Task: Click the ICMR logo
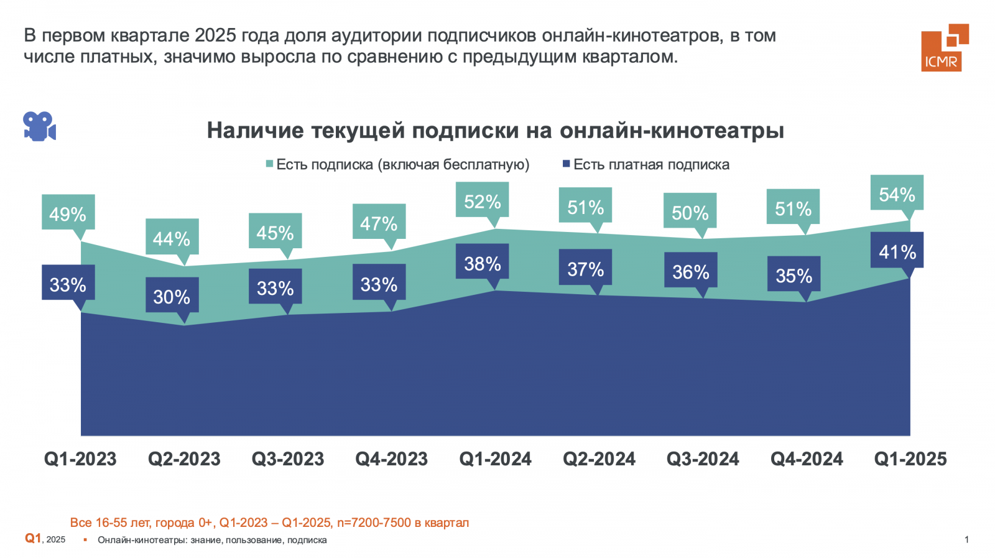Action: (x=945, y=48)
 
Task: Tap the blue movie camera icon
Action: (x=39, y=126)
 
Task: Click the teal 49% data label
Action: (x=68, y=213)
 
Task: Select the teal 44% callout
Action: (x=172, y=238)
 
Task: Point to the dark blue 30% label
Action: (x=172, y=296)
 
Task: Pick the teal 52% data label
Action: (x=482, y=201)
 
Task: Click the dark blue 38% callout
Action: (x=482, y=263)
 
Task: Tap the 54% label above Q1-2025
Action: (x=897, y=194)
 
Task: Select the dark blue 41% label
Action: (x=897, y=251)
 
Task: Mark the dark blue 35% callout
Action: (x=794, y=275)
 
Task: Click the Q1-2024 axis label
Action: (x=495, y=459)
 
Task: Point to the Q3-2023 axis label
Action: (x=288, y=459)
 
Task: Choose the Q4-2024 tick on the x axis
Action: (x=807, y=459)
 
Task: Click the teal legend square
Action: (x=270, y=164)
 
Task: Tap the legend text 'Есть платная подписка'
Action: (x=651, y=165)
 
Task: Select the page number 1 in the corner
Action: (x=966, y=539)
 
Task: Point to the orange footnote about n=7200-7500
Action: (x=269, y=523)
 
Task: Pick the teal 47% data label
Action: (x=379, y=223)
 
